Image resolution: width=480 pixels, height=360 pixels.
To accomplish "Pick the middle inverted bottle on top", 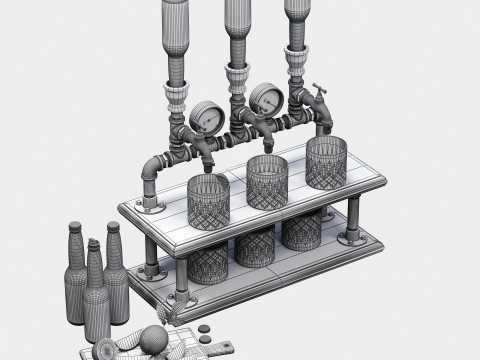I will pos(237,25).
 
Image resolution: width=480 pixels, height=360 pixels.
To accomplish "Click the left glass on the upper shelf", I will pos(208,201).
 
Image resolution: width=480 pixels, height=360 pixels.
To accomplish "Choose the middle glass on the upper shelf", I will pos(266,182).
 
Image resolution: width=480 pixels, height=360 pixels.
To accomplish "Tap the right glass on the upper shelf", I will pos(326,162).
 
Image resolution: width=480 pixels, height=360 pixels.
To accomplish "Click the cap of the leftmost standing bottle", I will pos(75,226).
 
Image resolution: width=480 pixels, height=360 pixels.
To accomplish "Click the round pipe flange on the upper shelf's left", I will pos(153,208).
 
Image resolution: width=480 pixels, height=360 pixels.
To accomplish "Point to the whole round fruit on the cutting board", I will pos(152,339).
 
